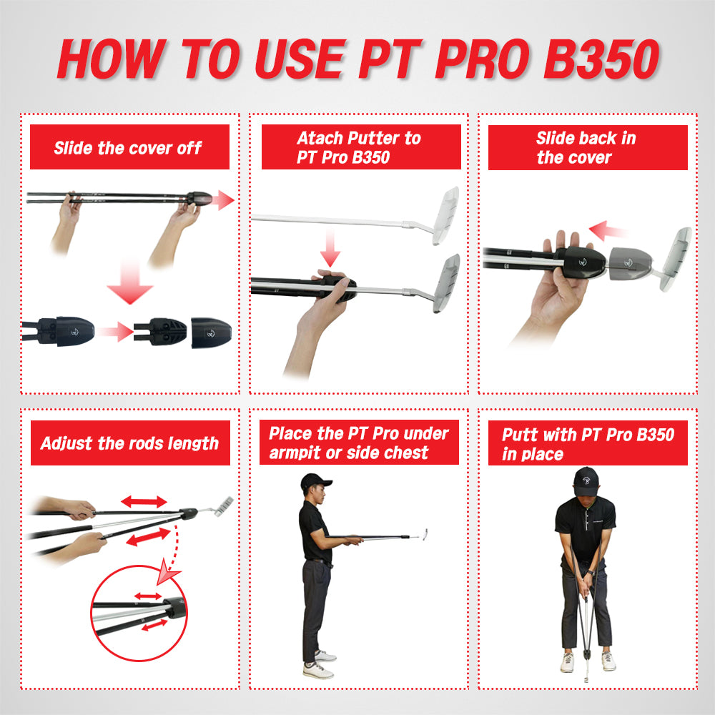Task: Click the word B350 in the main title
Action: point(601,59)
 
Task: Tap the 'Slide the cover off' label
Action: point(128,148)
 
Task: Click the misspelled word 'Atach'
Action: point(319,138)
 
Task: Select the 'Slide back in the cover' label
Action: point(586,147)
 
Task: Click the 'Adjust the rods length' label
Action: point(129,443)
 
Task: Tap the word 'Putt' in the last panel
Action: point(521,435)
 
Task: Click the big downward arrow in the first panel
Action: point(130,281)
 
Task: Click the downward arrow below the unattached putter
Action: point(330,249)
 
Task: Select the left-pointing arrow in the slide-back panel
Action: point(606,230)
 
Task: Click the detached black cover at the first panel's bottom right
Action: point(211,332)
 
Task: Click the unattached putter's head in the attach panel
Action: point(445,215)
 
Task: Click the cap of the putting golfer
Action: point(586,481)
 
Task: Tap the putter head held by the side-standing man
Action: point(425,534)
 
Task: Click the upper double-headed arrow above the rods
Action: point(144,502)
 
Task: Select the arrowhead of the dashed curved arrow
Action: point(167,573)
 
